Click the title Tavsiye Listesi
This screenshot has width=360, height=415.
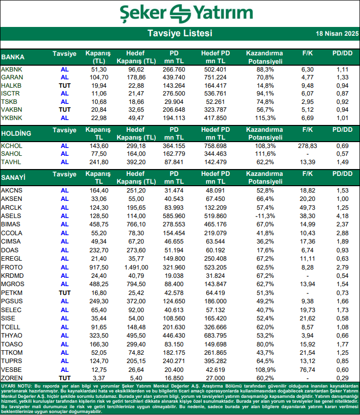(x=180, y=33)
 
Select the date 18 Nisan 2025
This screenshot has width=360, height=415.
(x=337, y=34)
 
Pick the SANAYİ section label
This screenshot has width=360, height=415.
(x=14, y=177)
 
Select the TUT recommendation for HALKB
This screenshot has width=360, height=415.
(x=65, y=85)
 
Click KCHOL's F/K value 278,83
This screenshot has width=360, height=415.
(x=308, y=146)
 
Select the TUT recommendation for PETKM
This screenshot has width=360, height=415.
(x=65, y=293)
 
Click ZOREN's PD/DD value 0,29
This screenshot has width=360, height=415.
(x=342, y=378)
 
